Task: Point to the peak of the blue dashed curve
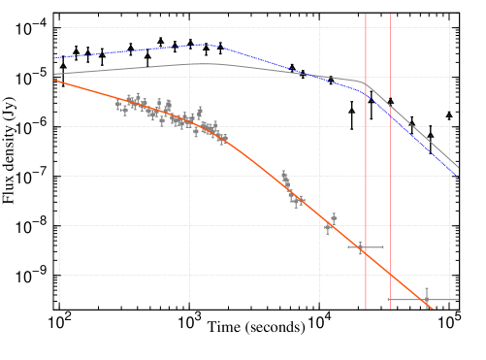pyautogui.click(x=207, y=44)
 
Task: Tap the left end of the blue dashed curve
pyautogui.click(x=54, y=58)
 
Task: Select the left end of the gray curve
pyautogui.click(x=54, y=74)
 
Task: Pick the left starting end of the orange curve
pyautogui.click(x=54, y=81)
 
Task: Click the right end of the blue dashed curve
pyautogui.click(x=458, y=177)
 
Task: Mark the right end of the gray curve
pyautogui.click(x=458, y=167)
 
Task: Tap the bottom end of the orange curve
pyautogui.click(x=432, y=309)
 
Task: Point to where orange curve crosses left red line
pyautogui.click(x=366, y=251)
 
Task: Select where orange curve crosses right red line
pyautogui.click(x=391, y=274)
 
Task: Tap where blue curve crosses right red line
pyautogui.click(x=391, y=114)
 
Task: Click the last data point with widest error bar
pyautogui.click(x=425, y=300)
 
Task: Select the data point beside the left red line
pyautogui.click(x=361, y=247)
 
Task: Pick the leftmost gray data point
pyautogui.click(x=118, y=103)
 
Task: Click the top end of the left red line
pyautogui.click(x=366, y=15)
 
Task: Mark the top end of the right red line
pyautogui.click(x=391, y=15)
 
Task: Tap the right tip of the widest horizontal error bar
pyautogui.click(x=459, y=300)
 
